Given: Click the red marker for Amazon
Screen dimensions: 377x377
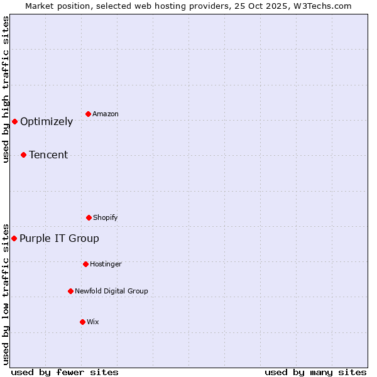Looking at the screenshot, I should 89,114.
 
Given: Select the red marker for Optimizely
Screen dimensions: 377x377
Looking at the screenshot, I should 14,121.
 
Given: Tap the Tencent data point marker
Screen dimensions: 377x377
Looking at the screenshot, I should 23,155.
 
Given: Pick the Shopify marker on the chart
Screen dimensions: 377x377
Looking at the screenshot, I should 89,217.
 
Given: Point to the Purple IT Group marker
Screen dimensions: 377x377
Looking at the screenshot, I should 14,238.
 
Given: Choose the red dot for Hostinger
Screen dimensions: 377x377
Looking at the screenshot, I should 85,264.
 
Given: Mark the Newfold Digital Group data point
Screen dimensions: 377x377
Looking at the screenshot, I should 70,291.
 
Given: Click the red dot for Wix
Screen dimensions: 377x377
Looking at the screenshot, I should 82,322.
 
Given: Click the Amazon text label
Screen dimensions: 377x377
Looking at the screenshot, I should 106,114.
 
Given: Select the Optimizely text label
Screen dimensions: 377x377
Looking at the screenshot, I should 46,121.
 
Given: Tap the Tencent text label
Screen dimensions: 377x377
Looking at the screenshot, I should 48,155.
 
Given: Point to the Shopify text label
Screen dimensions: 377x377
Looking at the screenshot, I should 106,217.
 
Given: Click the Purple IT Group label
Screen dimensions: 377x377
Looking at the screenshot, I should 59,238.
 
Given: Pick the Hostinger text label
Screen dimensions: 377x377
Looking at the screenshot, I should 106,264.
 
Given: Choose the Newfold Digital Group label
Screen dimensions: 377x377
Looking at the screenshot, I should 111,291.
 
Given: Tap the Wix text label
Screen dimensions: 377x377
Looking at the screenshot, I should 93,322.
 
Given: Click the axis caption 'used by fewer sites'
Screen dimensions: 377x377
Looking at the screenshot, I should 65,372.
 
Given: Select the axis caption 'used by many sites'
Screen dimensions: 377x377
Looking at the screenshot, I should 315,372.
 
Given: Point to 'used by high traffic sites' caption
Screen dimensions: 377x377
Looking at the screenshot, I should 6,89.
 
